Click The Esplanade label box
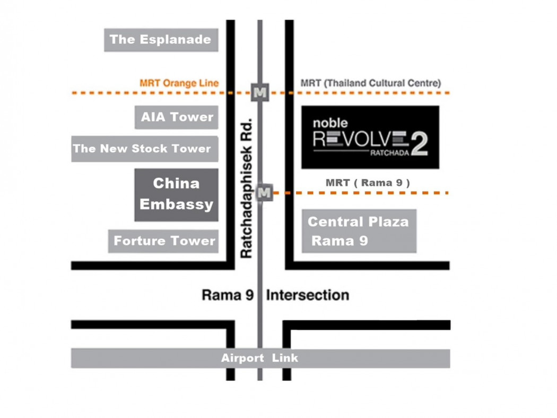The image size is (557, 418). click(x=161, y=40)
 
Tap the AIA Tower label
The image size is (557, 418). click(x=177, y=117)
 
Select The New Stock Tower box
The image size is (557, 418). click(x=144, y=149)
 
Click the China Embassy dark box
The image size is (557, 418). click(x=176, y=194)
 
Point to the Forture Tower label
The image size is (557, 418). click(x=163, y=241)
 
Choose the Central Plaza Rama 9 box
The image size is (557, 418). click(x=359, y=231)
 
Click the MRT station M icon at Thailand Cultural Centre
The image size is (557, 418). click(x=260, y=92)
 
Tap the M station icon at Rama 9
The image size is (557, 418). click(x=264, y=192)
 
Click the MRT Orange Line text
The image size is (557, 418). click(x=179, y=83)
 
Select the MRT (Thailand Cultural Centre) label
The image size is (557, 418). click(x=370, y=83)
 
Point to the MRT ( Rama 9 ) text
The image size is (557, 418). click(x=368, y=183)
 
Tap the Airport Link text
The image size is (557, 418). click(x=260, y=359)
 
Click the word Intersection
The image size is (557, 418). click(x=307, y=295)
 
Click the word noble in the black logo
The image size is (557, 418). click(x=330, y=123)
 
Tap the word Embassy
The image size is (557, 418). click(x=176, y=204)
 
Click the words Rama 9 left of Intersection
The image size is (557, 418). click(x=228, y=295)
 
